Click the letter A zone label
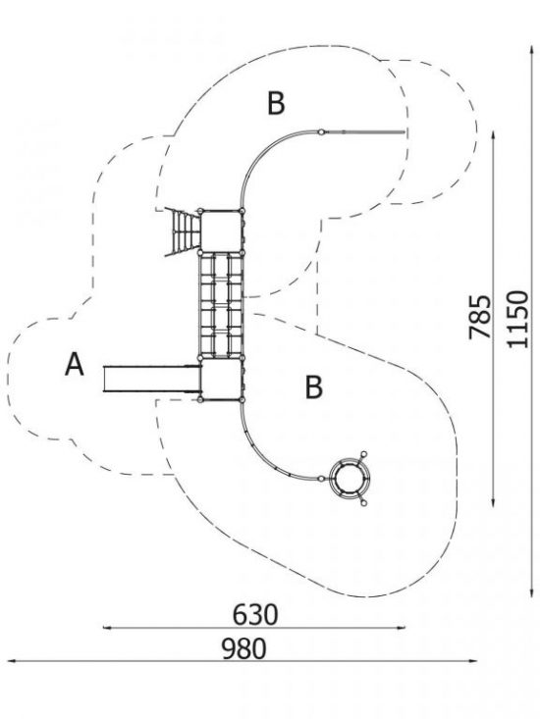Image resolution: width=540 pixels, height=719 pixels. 75,364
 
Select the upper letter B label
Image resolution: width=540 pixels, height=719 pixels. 276,103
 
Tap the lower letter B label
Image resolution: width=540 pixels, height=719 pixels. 314,386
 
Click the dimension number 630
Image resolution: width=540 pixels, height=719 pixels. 255,614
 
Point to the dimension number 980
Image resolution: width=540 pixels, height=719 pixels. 243,648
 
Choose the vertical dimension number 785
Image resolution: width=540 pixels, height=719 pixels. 480,317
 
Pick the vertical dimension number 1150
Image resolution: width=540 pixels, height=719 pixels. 518,319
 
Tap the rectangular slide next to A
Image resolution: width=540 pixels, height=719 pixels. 152,379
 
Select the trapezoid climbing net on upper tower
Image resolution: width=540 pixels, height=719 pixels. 184,231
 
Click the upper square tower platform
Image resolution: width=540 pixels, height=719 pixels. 221,231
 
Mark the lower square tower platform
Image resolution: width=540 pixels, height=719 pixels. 221,380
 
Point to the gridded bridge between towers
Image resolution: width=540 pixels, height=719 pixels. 221,305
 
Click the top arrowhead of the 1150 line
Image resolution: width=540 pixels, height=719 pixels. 532,48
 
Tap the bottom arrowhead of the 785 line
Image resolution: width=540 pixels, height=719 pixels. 493,503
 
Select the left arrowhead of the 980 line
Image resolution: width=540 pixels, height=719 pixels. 10,661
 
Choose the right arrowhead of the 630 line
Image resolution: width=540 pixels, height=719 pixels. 402,628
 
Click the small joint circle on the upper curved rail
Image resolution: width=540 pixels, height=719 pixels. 322,132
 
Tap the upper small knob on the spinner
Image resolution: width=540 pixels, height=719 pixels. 364,454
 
